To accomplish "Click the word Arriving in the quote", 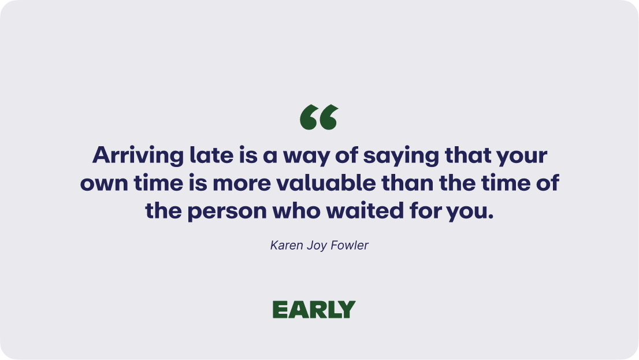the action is coord(138,156).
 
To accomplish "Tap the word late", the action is coord(211,155).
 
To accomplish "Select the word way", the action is coord(306,157).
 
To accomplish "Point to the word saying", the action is coord(400,156).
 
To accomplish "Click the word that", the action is coord(467,155).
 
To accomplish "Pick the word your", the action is coord(522,157).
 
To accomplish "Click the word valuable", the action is coord(326,182).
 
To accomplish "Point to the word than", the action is coord(407,182).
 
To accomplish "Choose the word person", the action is coord(226,212).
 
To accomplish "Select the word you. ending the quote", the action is coord(470,212).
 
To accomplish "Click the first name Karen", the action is coord(287,245).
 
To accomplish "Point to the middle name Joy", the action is coord(316,246).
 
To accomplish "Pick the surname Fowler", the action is coord(349,245).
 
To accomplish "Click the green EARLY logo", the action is coord(314,310).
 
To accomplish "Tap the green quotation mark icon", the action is coord(319,117).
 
